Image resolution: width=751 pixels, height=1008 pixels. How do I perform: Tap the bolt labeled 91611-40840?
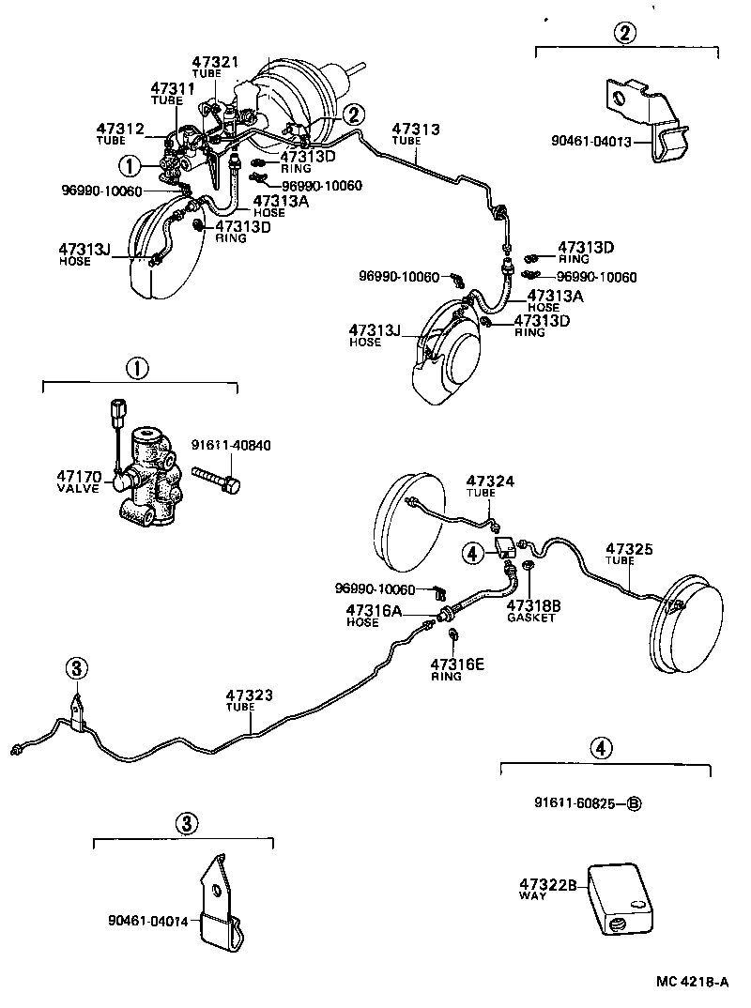[220, 480]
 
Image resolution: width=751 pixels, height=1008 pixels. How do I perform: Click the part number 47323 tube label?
[249, 701]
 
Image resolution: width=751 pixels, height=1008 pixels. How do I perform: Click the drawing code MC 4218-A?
[693, 983]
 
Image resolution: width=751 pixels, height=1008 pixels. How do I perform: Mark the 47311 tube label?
[173, 93]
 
